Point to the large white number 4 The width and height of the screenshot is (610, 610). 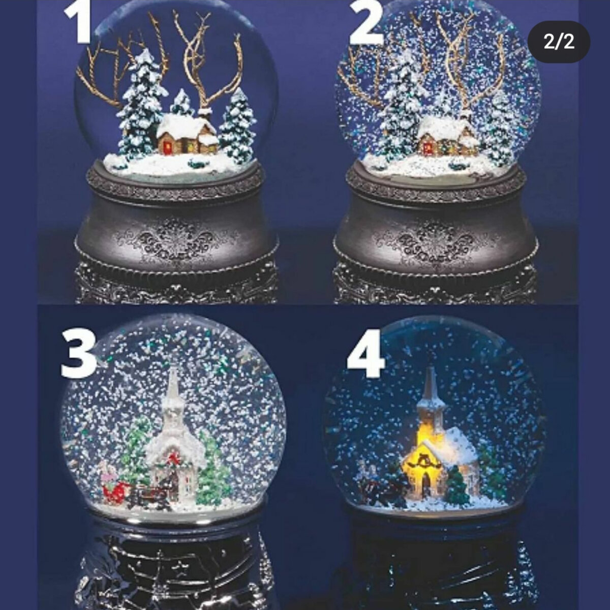point(366,353)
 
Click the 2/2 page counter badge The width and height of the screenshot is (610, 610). point(559,42)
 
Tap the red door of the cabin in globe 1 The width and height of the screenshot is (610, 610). point(168,147)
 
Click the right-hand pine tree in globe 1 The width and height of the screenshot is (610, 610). point(238,127)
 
